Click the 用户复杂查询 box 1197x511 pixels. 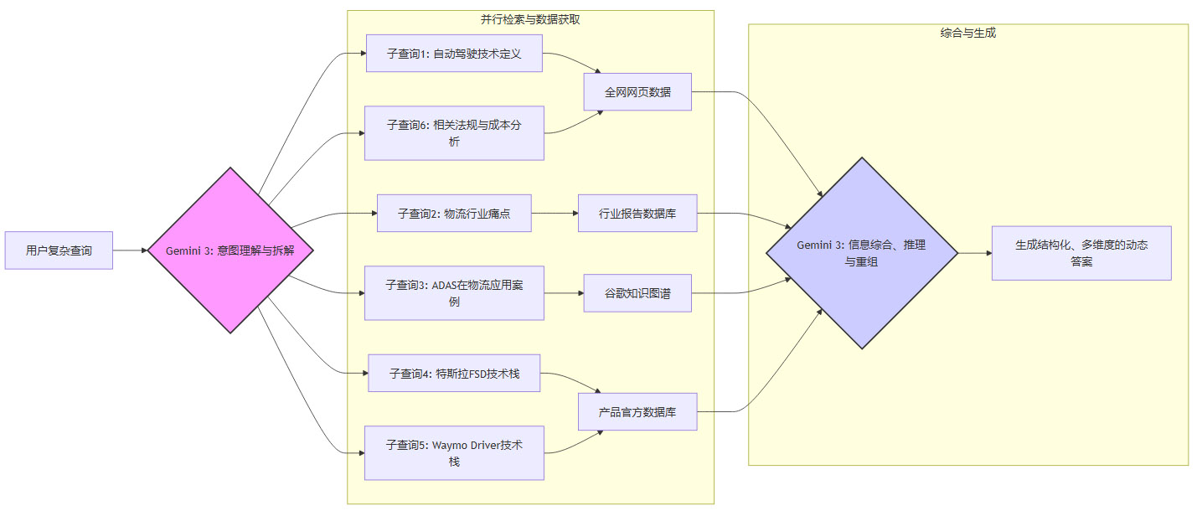[59, 250]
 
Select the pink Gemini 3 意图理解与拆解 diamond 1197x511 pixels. [230, 250]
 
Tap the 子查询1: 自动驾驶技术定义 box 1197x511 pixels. [454, 54]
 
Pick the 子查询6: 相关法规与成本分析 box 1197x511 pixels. [454, 132]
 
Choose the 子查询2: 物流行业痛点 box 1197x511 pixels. [454, 214]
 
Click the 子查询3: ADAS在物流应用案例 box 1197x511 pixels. [454, 292]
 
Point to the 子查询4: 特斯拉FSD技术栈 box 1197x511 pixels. [454, 374]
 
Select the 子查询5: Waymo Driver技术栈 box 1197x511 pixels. [454, 452]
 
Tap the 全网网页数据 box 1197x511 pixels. [637, 92]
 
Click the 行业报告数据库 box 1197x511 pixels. [637, 214]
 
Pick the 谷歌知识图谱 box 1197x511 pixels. [637, 293]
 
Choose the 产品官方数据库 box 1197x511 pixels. [637, 412]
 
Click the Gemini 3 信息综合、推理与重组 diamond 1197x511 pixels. [862, 253]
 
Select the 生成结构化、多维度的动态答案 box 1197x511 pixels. [1081, 253]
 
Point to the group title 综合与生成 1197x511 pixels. [967, 34]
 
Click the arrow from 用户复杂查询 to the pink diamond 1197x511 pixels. [130, 250]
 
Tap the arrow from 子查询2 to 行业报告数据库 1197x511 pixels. [555, 214]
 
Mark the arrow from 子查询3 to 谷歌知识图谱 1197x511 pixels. [563, 293]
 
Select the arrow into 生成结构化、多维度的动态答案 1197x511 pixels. [974, 253]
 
